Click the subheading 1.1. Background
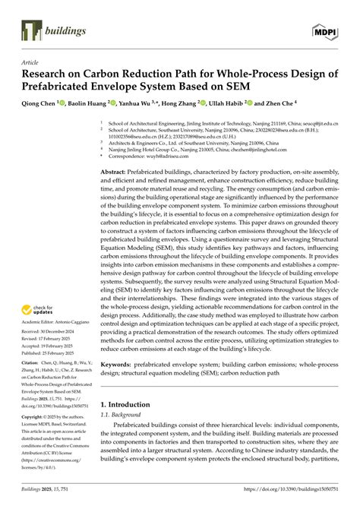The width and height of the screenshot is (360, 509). pyautogui.click(x=123, y=417)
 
